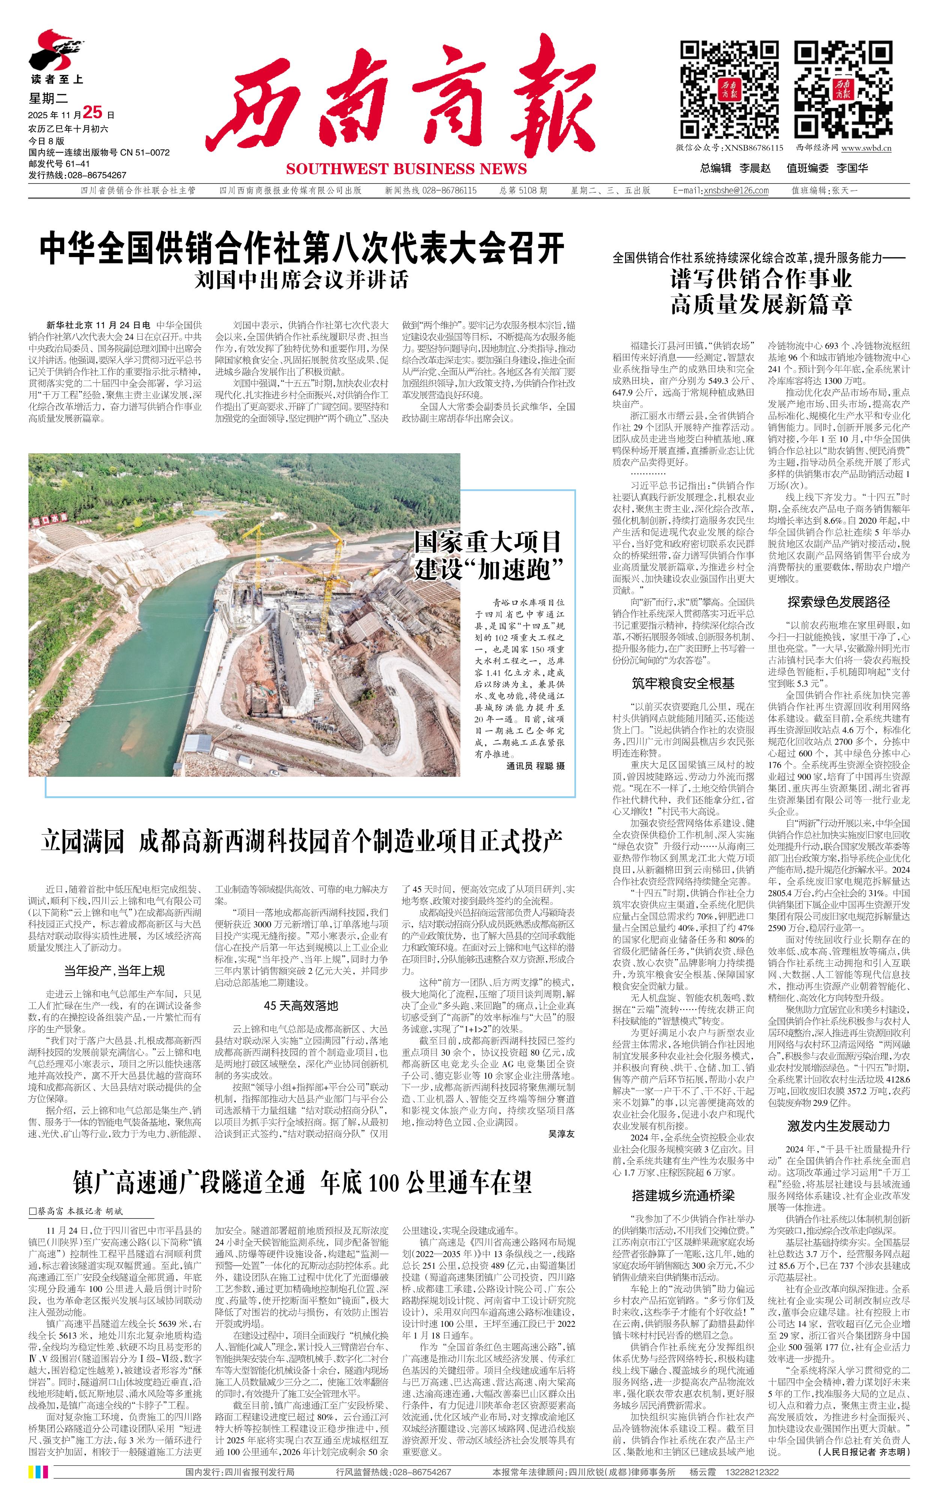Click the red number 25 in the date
[x=92, y=112]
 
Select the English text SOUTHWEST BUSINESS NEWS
[x=406, y=169]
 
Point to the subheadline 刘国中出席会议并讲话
[x=302, y=280]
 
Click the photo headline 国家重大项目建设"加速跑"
[x=488, y=555]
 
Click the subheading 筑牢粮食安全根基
[x=683, y=684]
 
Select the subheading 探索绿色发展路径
[x=839, y=602]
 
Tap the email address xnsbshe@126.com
[x=736, y=191]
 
